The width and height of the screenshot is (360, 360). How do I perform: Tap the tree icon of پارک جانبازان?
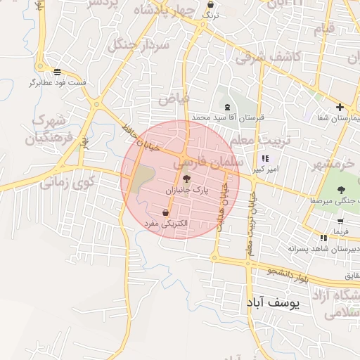click(186, 179)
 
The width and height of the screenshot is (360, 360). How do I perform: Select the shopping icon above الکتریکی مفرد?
click(165, 212)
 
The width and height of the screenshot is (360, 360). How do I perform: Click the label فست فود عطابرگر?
click(58, 82)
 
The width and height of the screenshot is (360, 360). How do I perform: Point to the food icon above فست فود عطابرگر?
click(57, 71)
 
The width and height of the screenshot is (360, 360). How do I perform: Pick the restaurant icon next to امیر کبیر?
click(265, 158)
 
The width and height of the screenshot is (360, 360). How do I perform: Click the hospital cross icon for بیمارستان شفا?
click(340, 108)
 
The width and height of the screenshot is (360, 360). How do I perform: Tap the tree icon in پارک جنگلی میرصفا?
click(340, 189)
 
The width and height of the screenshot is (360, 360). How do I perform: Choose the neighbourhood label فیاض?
click(174, 98)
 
